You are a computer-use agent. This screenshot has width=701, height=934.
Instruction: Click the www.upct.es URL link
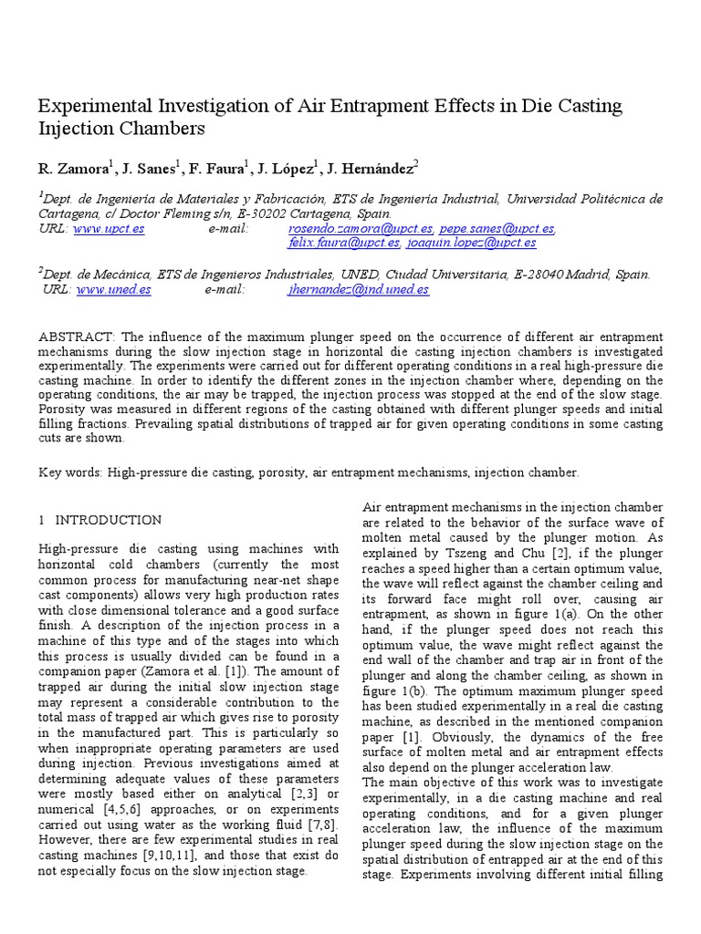pos(109,228)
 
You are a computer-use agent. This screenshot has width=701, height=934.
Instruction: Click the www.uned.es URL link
pos(113,289)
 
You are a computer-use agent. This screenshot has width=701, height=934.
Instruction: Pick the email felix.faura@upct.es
pos(343,243)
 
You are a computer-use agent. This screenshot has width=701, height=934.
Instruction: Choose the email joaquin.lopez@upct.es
pos(472,243)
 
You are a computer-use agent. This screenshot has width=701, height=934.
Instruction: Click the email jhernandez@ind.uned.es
pos(358,289)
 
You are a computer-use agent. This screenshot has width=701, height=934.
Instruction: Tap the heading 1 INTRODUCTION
pos(100,520)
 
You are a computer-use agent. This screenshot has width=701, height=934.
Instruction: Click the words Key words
pos(69,472)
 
